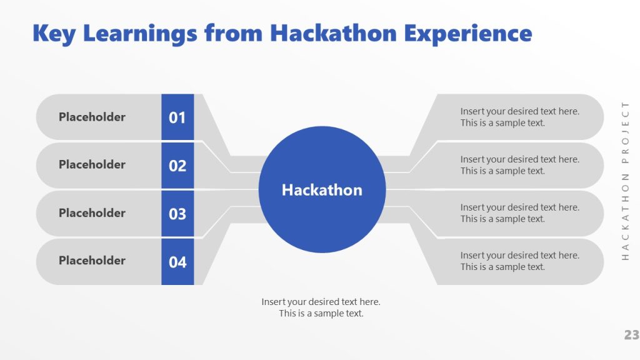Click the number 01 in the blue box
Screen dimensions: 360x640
point(177,117)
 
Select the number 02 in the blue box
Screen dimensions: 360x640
point(177,166)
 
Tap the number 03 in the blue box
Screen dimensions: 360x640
point(177,214)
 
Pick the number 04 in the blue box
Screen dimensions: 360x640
point(177,262)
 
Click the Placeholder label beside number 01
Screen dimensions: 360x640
point(92,117)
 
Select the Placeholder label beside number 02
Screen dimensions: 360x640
point(92,164)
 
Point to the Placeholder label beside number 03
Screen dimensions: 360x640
point(92,212)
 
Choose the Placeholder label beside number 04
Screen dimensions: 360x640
point(92,261)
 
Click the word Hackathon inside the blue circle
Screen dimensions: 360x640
point(322,190)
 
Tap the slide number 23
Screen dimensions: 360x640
point(631,335)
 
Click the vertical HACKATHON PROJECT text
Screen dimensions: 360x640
point(625,181)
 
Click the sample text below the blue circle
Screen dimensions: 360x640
point(321,307)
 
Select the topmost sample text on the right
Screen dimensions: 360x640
point(519,117)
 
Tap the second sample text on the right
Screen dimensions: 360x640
point(519,165)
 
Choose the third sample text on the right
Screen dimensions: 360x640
point(519,213)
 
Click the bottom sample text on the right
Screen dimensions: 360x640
point(519,261)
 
